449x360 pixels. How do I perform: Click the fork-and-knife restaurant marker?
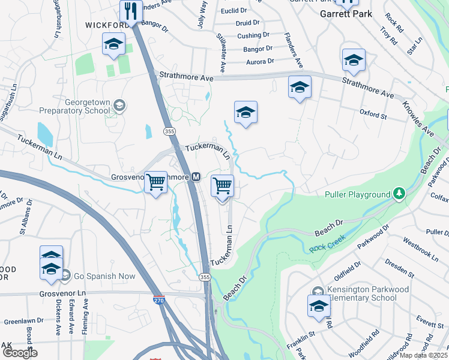130,11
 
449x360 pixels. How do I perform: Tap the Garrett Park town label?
345,14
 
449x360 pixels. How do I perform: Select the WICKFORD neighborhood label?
107,25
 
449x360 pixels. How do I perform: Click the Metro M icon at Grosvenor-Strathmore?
196,177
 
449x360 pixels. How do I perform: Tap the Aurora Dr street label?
259,61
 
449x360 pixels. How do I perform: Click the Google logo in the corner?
20,353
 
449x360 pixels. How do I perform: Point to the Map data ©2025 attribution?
423,355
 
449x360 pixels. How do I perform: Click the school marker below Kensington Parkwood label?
318,306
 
